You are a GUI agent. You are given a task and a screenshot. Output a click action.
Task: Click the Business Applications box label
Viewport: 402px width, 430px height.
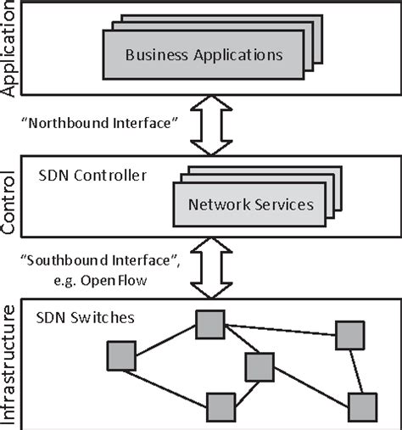[x=203, y=55]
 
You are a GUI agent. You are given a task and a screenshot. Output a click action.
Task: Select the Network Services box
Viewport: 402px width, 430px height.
[x=250, y=204]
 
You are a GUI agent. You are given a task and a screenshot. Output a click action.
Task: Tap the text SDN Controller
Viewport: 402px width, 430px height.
[x=92, y=176]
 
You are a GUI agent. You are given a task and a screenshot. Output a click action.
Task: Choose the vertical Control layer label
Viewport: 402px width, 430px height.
[x=11, y=204]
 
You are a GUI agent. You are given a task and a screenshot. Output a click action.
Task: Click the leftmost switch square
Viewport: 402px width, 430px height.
[x=121, y=355]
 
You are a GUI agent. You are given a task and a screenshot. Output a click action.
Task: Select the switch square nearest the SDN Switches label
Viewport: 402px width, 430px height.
[x=209, y=323]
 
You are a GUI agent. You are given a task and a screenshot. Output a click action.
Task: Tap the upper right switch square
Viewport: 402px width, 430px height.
[x=349, y=335]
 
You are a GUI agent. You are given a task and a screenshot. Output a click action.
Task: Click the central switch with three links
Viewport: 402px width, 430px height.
[x=260, y=366]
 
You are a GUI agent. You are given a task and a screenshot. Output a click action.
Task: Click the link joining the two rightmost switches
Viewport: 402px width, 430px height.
[x=356, y=371]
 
